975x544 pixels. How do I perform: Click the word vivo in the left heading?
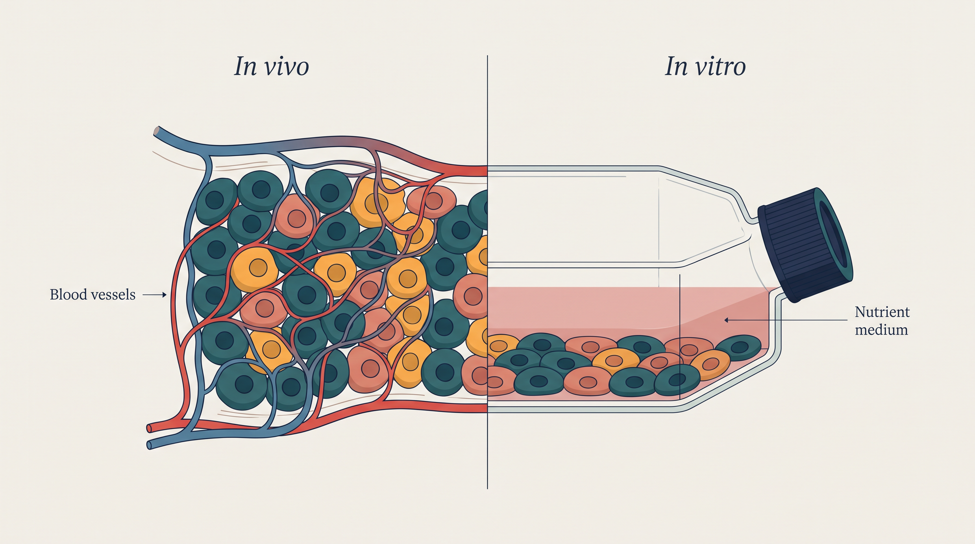[287, 67]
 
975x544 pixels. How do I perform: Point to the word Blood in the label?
[67, 294]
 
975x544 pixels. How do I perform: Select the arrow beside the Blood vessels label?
[154, 295]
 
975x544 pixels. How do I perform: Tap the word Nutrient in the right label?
[882, 312]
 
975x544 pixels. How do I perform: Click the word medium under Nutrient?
[881, 330]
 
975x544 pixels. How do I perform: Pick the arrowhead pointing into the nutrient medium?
[727, 320]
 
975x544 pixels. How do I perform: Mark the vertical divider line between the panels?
[487, 272]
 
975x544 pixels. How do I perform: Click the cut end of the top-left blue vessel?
[156, 131]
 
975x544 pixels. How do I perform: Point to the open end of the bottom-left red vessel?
[149, 428]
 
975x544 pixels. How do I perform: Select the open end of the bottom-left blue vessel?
[150, 444]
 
